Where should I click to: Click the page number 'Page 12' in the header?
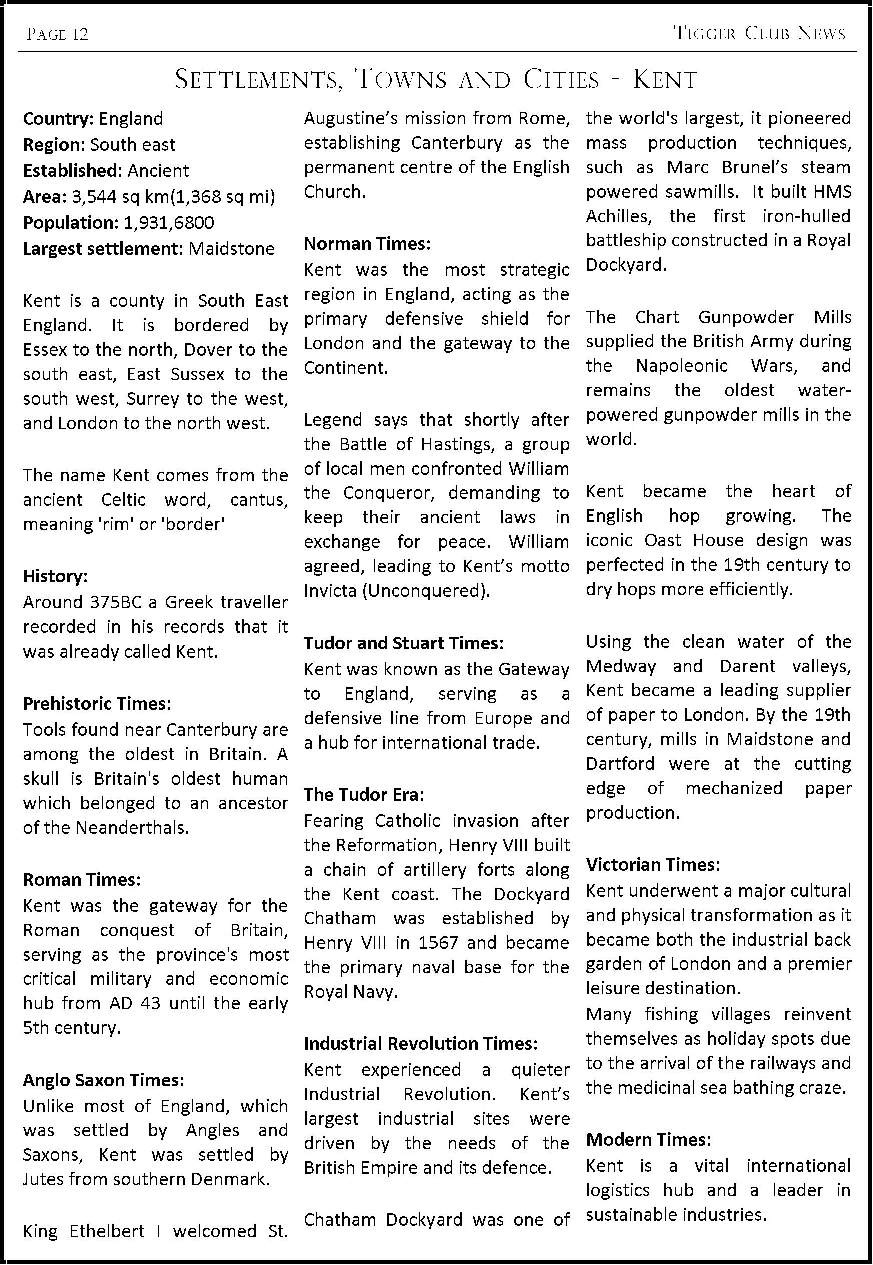pos(58,35)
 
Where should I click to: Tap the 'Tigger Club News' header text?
pos(760,34)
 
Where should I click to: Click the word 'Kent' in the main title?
pos(665,80)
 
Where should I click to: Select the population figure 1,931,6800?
pos(169,223)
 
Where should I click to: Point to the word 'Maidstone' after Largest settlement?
pos(231,249)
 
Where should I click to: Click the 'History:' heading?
pos(55,576)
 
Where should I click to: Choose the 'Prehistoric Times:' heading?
pos(97,703)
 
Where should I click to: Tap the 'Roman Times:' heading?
pos(82,880)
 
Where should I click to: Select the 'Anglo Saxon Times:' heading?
pos(103,1080)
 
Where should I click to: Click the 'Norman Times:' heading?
pos(367,243)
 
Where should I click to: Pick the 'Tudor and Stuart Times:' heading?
pos(403,643)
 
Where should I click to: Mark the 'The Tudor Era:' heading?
pos(364,794)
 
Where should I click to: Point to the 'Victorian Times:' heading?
pos(653,864)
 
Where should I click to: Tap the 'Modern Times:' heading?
pos(648,1139)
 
